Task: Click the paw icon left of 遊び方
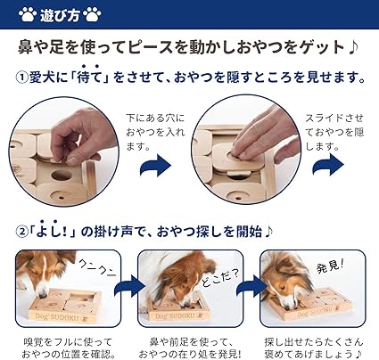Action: pos(28,14)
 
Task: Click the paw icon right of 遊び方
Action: pos(93,14)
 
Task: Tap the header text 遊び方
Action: pos(60,15)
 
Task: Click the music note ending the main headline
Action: pos(352,47)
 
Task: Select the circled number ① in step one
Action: pos(21,78)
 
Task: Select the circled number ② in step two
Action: pos(21,233)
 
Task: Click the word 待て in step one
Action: pos(89,78)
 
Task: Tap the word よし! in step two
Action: pos(54,232)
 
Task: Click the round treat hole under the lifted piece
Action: pos(62,176)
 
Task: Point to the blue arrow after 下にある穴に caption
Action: pos(156,166)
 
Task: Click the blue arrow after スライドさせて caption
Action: pos(328,166)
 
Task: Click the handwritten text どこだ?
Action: pos(219,278)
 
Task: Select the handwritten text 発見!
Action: pos(330,266)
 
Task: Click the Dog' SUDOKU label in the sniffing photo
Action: pos(57,317)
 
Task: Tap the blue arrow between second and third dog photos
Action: pos(251,286)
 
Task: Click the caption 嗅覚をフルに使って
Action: pos(68,342)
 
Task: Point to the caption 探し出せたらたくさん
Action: pos(314,342)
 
